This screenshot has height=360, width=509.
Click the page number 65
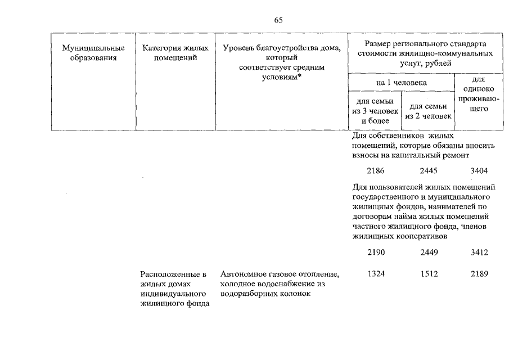[278, 20]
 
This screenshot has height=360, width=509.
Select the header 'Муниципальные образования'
[93, 53]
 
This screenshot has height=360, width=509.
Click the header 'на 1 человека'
[402, 83]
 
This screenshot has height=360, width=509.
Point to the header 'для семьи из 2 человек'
[428, 111]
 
